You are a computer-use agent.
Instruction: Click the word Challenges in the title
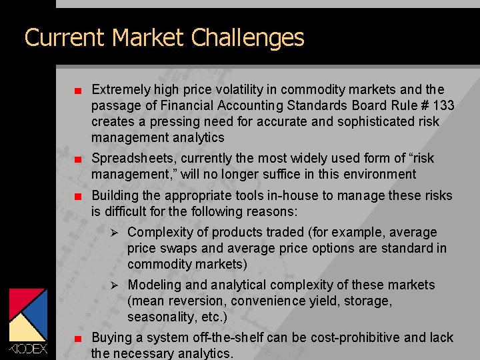coord(247,37)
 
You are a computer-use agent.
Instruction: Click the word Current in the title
coord(65,37)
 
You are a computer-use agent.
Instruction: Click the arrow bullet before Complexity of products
coord(114,233)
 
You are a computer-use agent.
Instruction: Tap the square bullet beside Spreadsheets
coord(78,159)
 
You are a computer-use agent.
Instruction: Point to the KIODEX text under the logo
coord(28,347)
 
